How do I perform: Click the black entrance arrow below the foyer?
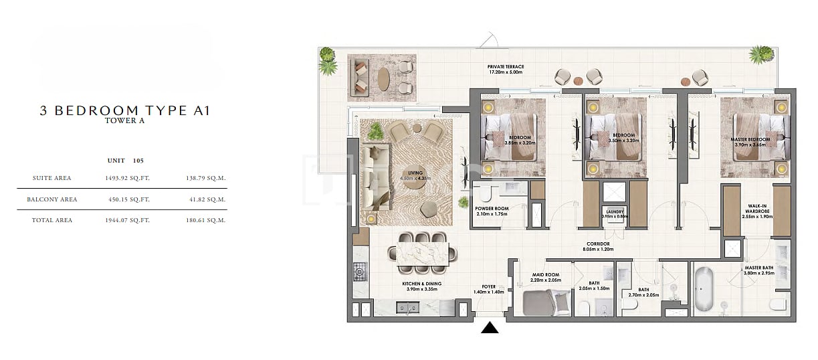pos(491,327)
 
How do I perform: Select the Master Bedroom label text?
pos(750,140)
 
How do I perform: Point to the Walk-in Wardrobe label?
pos(757,209)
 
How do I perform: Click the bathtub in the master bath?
pos(704,290)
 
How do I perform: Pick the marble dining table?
pos(422,254)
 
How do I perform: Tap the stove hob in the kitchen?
pos(359,271)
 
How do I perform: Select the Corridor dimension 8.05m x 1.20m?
pos(597,249)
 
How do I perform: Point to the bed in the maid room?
pos(545,304)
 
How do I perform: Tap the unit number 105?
pos(138,161)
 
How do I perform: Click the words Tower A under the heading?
pos(124,121)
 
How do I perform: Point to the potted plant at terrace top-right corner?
pos(761,54)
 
